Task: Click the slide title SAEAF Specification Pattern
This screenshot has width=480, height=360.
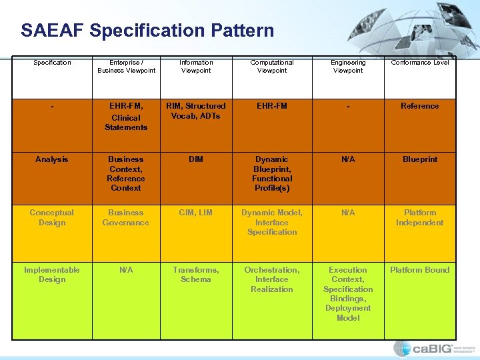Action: (147, 31)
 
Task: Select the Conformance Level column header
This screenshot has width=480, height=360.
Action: (420, 63)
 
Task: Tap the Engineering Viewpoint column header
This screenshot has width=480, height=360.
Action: (348, 67)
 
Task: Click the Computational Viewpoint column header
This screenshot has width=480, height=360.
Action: (272, 67)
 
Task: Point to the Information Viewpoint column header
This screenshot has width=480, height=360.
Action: (196, 67)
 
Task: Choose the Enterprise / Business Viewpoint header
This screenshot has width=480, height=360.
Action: (126, 67)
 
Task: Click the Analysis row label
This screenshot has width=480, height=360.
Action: (52, 159)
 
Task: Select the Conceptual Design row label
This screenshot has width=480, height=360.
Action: (52, 217)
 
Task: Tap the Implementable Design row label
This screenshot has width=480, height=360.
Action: (52, 275)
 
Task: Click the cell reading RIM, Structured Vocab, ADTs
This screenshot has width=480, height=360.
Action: (196, 111)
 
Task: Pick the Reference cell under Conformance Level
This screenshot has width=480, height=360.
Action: (420, 106)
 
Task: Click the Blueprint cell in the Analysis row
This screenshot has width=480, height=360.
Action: (420, 159)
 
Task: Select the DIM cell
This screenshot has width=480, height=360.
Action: (196, 159)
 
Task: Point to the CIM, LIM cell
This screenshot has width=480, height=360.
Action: (196, 213)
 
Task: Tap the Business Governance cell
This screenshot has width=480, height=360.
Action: (126, 217)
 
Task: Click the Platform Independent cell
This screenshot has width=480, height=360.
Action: (420, 217)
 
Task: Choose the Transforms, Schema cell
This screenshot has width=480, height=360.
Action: (196, 275)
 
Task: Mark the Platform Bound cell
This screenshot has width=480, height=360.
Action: (420, 270)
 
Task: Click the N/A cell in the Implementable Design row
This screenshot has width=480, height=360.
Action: (126, 270)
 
